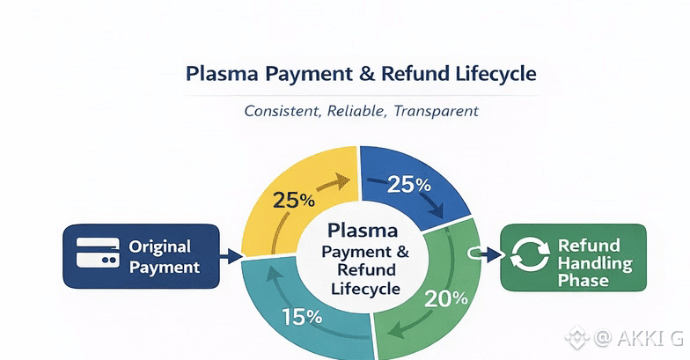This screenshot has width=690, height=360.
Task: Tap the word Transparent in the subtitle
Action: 437,112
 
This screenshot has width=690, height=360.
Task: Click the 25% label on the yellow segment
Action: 293,200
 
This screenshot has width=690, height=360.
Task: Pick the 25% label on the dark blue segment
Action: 409,185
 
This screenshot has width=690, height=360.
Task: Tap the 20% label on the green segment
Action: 445,298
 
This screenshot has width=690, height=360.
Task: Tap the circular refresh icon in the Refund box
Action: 531,257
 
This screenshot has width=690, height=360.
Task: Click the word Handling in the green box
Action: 594,262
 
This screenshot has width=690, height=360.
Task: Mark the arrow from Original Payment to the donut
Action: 231,257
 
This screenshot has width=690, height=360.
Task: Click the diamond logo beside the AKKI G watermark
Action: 577,336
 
